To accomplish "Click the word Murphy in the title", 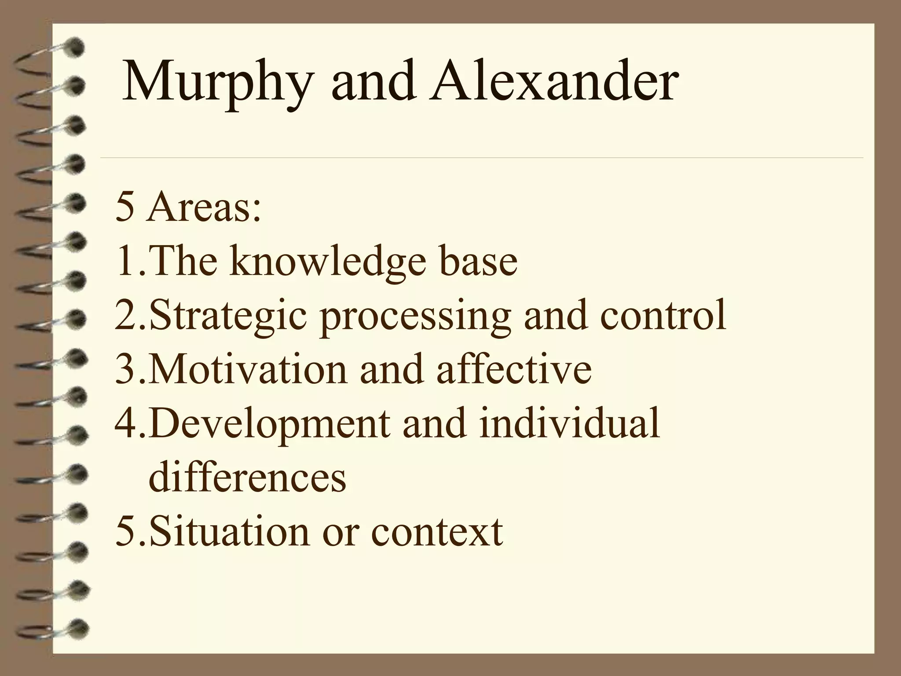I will click(216, 84).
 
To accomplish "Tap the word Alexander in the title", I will click(553, 81).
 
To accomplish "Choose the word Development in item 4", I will click(269, 424).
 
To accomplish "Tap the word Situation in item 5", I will click(229, 531).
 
